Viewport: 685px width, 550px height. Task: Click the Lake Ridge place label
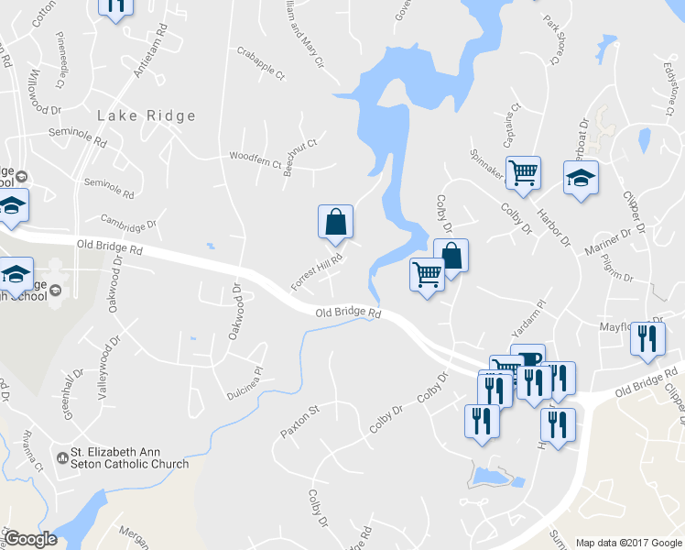[x=147, y=115]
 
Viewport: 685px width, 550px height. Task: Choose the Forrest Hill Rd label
[x=317, y=273]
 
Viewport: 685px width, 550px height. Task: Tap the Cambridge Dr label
[x=129, y=222]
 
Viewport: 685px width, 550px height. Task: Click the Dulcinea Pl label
[x=245, y=383]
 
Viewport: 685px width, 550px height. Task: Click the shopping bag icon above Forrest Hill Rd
[x=335, y=222]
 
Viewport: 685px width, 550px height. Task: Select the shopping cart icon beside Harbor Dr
[x=523, y=171]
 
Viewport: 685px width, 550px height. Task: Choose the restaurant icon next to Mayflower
[x=647, y=339]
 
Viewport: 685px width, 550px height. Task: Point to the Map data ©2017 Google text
[x=629, y=542]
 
